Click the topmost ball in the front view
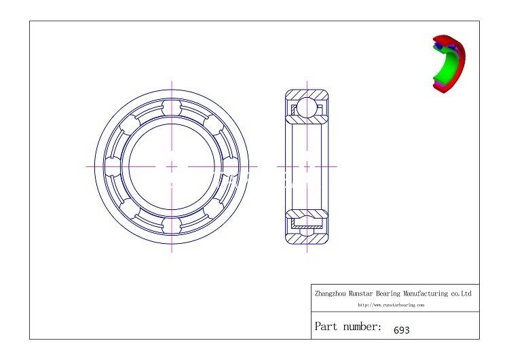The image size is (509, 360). pos(172,109)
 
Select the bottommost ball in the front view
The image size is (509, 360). pos(172,223)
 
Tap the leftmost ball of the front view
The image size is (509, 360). pos(115,166)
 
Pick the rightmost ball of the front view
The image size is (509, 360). pos(229,166)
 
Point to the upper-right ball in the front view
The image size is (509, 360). pos(212,126)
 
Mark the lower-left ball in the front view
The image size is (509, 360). pos(132,206)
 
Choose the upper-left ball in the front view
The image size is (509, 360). pos(132,126)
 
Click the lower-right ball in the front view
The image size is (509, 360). pos(212,206)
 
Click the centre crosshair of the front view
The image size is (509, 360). pos(172,166)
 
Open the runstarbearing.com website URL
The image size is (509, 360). pos(391,305)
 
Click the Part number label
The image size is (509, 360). pos(347,327)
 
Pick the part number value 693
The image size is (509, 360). pos(402,330)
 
